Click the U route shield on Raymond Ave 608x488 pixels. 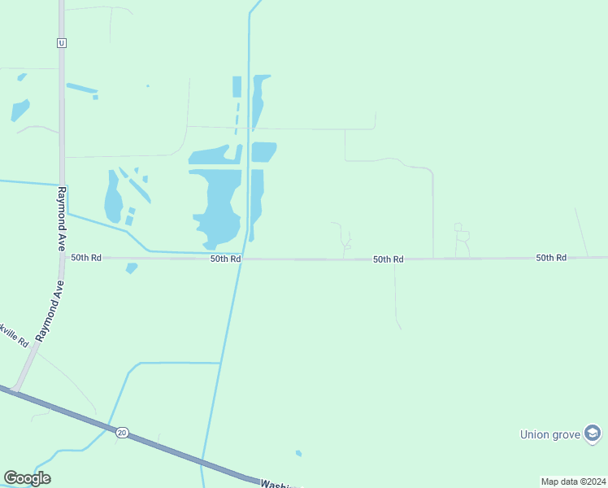click(61, 43)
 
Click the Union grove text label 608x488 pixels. click(550, 434)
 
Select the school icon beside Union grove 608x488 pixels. click(593, 434)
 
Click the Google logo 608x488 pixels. click(27, 478)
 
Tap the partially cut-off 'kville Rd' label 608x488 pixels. click(15, 334)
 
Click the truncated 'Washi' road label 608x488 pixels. click(276, 483)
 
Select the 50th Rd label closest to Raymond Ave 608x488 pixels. click(86, 257)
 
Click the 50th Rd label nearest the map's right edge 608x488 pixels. click(550, 257)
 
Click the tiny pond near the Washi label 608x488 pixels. click(299, 453)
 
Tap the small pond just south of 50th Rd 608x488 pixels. click(132, 268)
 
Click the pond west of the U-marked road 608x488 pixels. click(20, 109)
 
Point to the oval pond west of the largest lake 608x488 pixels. click(112, 197)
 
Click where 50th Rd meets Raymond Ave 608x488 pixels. click(62, 257)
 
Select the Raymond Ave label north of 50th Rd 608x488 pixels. click(61, 208)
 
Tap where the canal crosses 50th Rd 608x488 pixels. click(242, 259)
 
